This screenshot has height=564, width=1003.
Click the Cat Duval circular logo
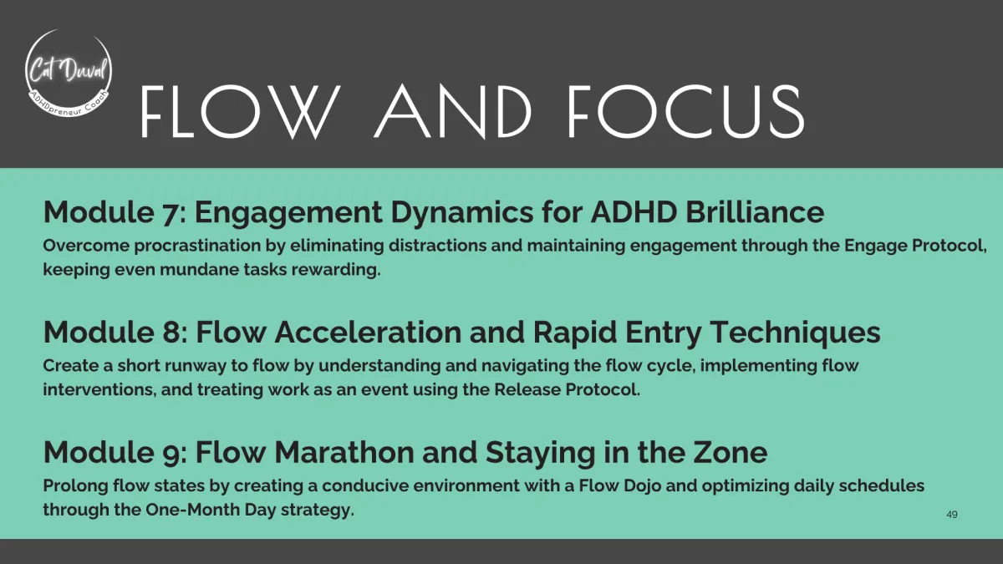coord(69,74)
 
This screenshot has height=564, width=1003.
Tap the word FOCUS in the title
coord(686,111)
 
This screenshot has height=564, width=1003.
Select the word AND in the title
coord(453,112)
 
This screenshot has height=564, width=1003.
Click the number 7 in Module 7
coord(170,212)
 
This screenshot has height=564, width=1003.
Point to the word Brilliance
coord(755,211)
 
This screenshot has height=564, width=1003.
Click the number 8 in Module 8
coord(171,333)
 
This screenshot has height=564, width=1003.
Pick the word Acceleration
coord(368,333)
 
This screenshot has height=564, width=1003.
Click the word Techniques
coord(795,333)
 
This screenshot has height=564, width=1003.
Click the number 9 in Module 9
coord(171,453)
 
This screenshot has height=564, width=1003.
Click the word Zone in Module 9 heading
coord(730,452)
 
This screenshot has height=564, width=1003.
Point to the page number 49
coord(952,515)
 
